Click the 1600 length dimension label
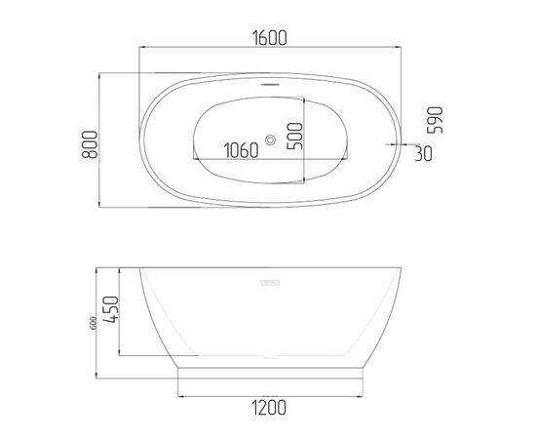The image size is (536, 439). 270,38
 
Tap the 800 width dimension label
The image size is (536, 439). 90,144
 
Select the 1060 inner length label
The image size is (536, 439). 242,150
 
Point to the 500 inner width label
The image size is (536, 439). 295,136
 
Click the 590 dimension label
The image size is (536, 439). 436,120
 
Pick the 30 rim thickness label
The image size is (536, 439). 424,153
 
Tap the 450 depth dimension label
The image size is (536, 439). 111,309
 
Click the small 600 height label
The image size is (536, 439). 94,323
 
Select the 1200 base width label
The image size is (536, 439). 269,408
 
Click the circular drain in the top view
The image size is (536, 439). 270,140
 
